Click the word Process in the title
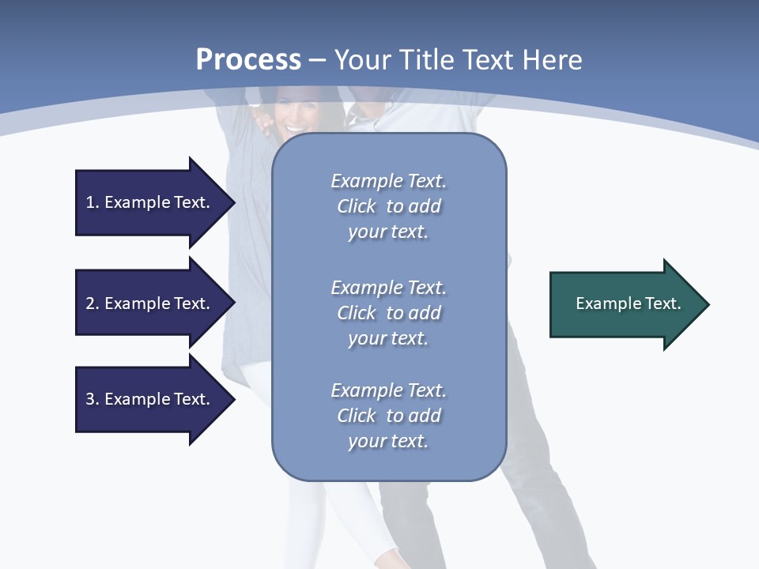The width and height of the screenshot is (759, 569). tap(248, 60)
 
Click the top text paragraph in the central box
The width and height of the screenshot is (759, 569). tap(388, 206)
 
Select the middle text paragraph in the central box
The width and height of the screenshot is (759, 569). tap(388, 312)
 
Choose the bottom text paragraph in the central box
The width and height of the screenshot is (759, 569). tap(388, 416)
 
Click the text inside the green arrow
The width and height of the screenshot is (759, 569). tap(629, 303)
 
